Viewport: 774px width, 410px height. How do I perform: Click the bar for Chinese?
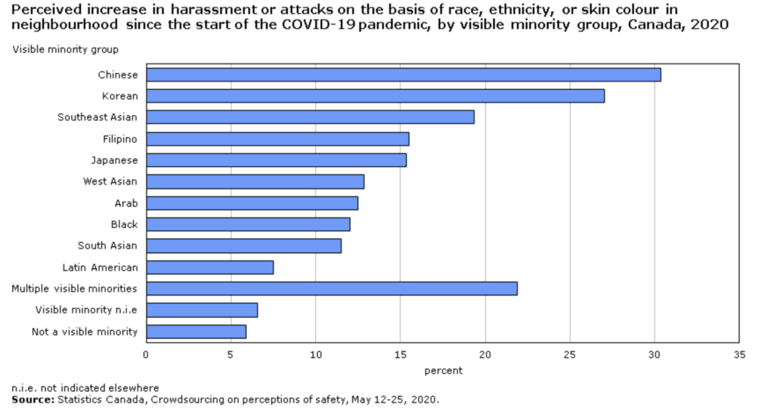coord(404,75)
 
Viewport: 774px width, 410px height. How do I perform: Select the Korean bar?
coord(375,96)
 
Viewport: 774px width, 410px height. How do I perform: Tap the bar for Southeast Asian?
coord(310,117)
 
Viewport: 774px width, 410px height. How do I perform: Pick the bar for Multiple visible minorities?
coord(332,288)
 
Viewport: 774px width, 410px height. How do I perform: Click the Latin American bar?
coord(209,267)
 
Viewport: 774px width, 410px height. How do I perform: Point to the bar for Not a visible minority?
coord(196,331)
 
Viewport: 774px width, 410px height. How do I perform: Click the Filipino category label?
coord(120,139)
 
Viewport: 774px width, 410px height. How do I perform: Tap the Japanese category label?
coord(115,160)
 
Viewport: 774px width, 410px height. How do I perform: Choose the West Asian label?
coord(110,181)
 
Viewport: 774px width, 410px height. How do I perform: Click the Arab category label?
coord(125,203)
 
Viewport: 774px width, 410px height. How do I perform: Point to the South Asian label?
coord(107,245)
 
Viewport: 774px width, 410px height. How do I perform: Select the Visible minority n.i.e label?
coord(86,310)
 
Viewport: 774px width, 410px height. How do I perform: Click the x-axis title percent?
coord(442,371)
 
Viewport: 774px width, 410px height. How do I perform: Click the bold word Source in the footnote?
coord(31,399)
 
